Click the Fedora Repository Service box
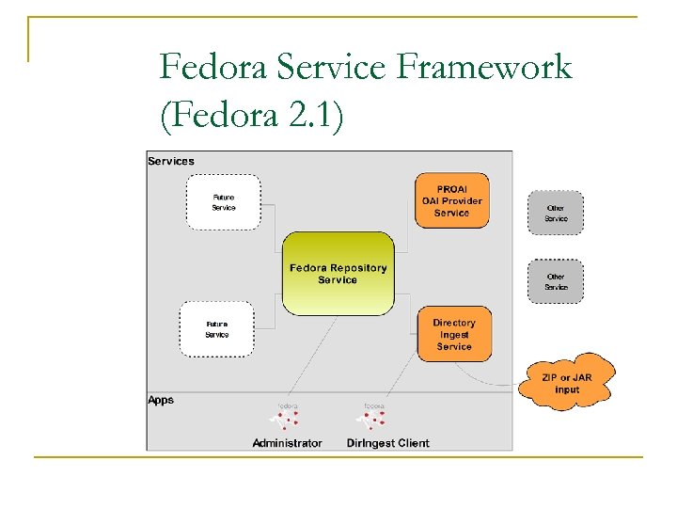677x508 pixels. point(338,274)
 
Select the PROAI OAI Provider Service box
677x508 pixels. point(451,200)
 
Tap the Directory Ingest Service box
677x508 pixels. point(453,334)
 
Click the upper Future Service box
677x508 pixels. point(223,202)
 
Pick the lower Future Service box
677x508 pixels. point(216,329)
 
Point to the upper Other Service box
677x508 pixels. point(556,213)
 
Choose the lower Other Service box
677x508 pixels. point(556,281)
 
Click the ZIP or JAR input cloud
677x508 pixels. point(567,383)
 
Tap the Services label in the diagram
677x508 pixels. point(171,161)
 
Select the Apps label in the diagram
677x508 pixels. point(161,400)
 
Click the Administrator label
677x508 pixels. point(287,443)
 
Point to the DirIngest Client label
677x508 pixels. point(387,443)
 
